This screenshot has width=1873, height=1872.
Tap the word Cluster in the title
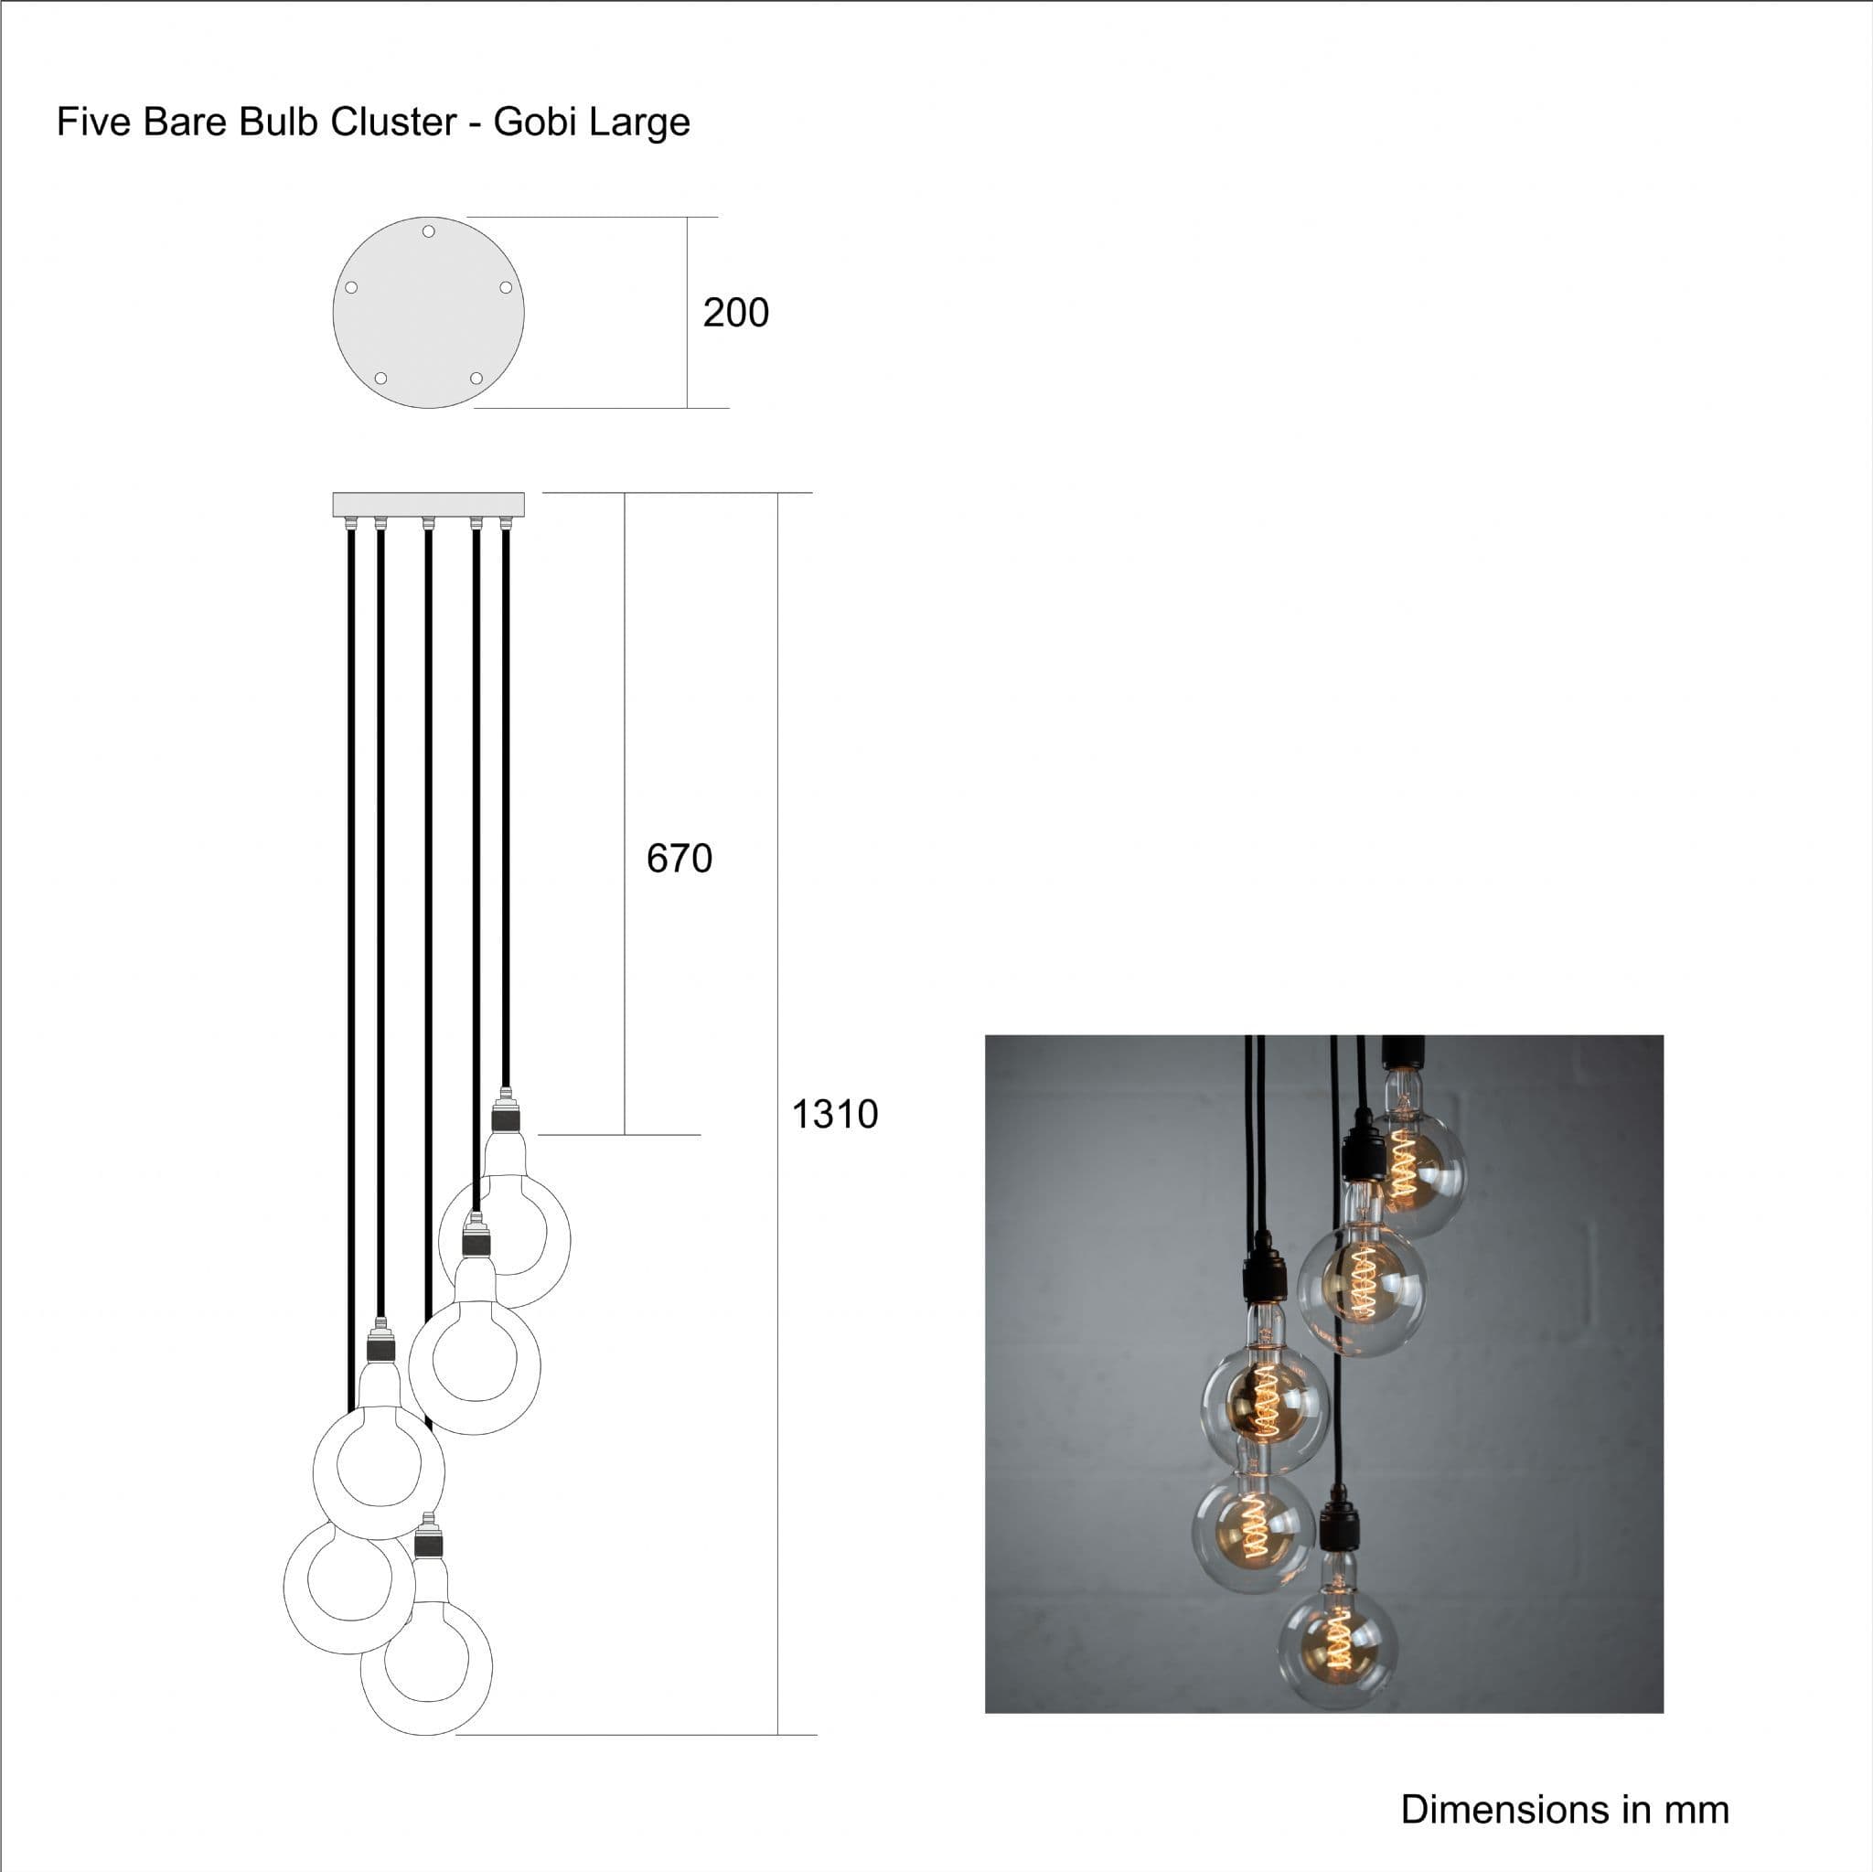[393, 123]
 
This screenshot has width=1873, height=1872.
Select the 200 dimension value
[736, 312]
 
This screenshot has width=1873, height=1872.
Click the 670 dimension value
[680, 858]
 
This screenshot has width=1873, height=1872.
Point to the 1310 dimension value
[835, 1114]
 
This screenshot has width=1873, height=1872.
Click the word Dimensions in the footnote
[1504, 1810]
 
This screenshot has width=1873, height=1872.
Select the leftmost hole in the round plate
[352, 287]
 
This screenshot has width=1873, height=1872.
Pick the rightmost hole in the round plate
[505, 287]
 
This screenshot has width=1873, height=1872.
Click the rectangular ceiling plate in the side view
[429, 504]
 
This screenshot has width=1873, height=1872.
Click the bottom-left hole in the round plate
[381, 378]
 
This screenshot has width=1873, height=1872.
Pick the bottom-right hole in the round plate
[476, 378]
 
